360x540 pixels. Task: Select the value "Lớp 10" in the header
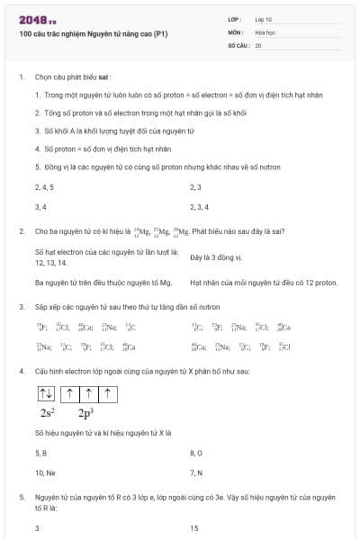[263, 19]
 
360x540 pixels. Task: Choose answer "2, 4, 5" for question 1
[44, 187]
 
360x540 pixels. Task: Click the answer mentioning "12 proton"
[264, 283]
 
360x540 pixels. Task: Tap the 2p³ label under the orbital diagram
[85, 413]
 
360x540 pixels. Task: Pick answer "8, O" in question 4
[196, 452]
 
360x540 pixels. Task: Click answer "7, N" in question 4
[196, 472]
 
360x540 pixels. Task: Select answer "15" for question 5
[194, 528]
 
